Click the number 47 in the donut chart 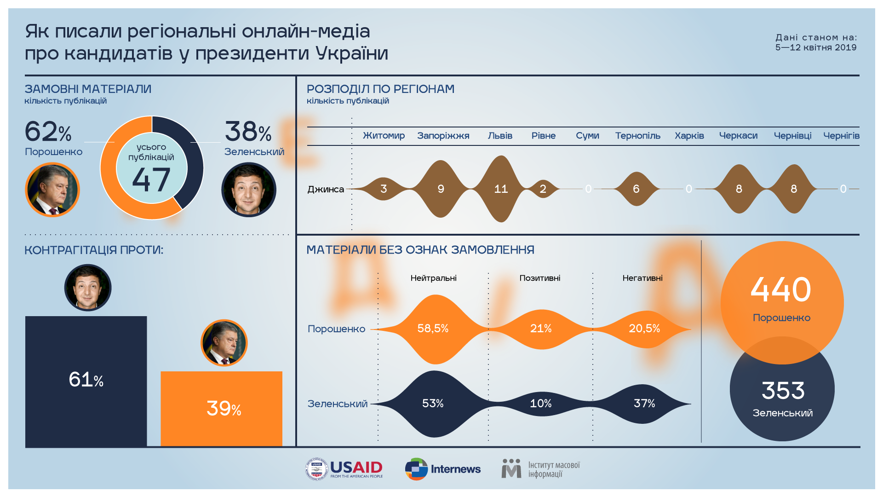click(151, 180)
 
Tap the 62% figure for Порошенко click(48, 132)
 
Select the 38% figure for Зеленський click(248, 132)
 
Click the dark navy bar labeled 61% click(86, 381)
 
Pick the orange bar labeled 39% click(222, 408)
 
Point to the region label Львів click(500, 136)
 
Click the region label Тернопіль click(637, 136)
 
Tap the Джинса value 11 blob click(501, 189)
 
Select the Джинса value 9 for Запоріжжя click(441, 189)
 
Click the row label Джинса click(326, 189)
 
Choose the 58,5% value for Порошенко click(433, 328)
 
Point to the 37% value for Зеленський click(644, 404)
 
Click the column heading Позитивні click(540, 278)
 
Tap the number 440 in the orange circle click(781, 290)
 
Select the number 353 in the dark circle click(783, 391)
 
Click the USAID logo click(344, 469)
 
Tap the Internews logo click(443, 469)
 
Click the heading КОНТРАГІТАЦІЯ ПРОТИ click(94, 250)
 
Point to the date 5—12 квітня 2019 click(816, 47)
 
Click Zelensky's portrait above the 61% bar click(88, 288)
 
